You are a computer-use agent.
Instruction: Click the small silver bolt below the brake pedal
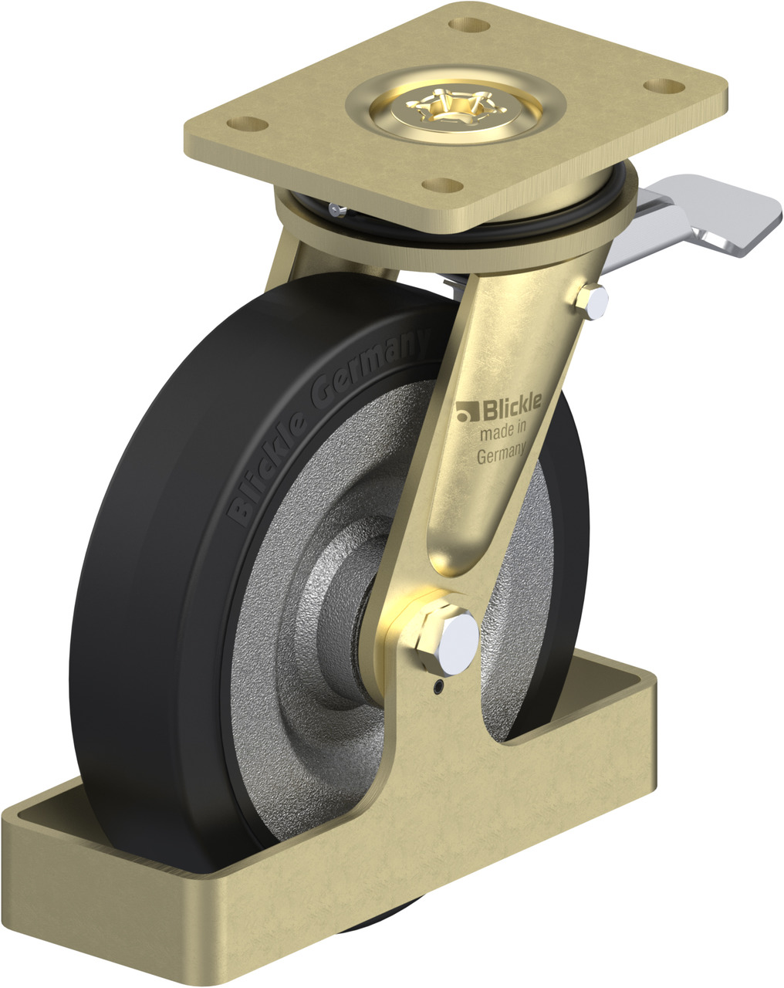click(x=593, y=302)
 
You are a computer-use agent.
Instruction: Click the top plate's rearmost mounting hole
click(x=468, y=25)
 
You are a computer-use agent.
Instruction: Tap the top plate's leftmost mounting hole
click(x=248, y=123)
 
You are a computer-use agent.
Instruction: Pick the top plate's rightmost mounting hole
click(x=664, y=86)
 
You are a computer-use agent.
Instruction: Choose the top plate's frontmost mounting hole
click(x=442, y=185)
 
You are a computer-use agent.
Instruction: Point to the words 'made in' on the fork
click(x=503, y=430)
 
